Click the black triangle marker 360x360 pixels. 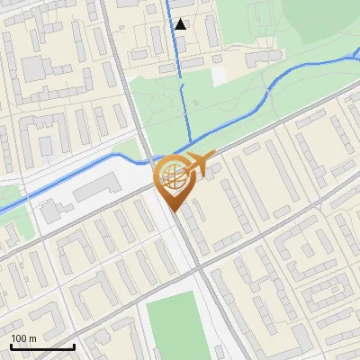181,24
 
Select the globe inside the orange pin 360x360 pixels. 172,176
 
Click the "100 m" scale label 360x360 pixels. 23,337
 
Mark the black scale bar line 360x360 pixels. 42,346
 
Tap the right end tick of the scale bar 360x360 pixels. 74,345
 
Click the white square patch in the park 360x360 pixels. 220,76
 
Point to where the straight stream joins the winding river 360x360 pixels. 188,144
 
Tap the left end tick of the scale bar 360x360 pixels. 12,345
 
